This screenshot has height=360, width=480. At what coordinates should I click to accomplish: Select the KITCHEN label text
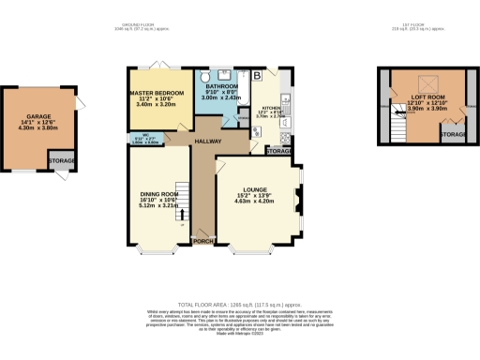click(x=268, y=108)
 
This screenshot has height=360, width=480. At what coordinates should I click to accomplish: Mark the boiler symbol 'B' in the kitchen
click(x=257, y=76)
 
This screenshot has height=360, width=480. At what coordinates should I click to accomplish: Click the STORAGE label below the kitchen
click(x=278, y=150)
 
